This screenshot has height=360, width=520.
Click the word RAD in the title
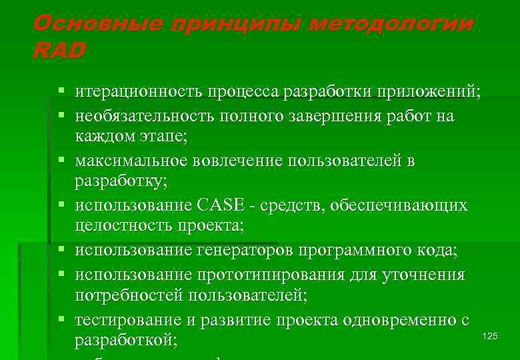coord(59,51)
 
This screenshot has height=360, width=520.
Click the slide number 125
coord(489,336)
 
